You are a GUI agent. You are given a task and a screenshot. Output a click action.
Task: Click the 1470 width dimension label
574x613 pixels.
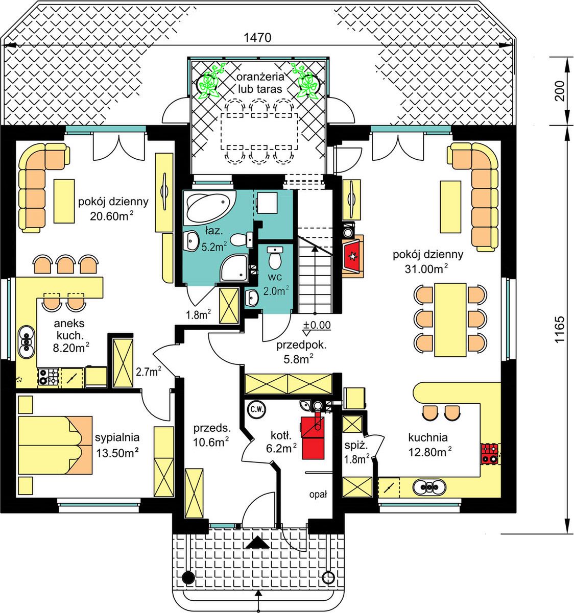pos(257,37)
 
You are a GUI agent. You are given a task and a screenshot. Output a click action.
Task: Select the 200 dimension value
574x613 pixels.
pos(559,91)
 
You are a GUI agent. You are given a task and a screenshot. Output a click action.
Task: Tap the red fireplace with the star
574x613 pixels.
pos(352,256)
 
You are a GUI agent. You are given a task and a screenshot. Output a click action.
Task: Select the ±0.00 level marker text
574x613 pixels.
pos(317,325)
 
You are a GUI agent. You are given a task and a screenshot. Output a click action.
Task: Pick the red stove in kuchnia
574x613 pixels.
pos(490,453)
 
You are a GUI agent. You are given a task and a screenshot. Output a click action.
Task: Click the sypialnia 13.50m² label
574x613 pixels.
pos(117,446)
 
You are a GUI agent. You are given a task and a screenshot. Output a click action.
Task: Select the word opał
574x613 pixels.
pos(318,495)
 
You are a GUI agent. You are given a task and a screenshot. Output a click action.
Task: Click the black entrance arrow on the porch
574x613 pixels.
pos(257,543)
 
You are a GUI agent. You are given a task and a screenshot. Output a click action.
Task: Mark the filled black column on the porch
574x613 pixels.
pos(188,576)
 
